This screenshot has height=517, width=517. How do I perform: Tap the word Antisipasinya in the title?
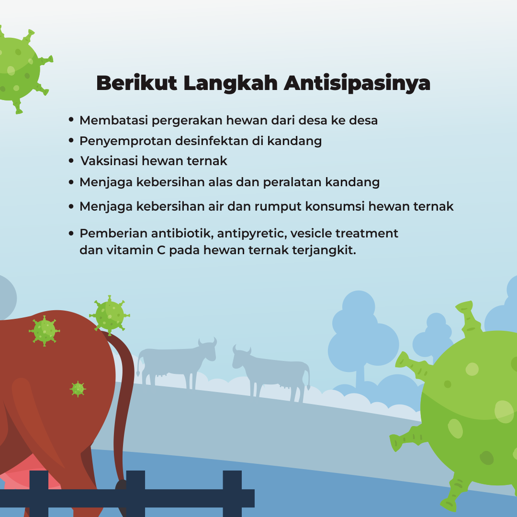tap(357, 84)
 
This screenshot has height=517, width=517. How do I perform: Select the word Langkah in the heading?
tap(230, 83)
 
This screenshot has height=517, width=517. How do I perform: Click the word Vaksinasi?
tap(109, 161)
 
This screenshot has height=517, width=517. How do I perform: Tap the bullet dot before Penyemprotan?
tap(71, 140)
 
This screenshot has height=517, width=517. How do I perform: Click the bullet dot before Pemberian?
tap(71, 234)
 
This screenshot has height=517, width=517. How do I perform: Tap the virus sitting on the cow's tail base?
tap(110, 315)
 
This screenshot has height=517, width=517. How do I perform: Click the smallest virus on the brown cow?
tap(78, 389)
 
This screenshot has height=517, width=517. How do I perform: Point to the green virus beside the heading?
tap(19, 69)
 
